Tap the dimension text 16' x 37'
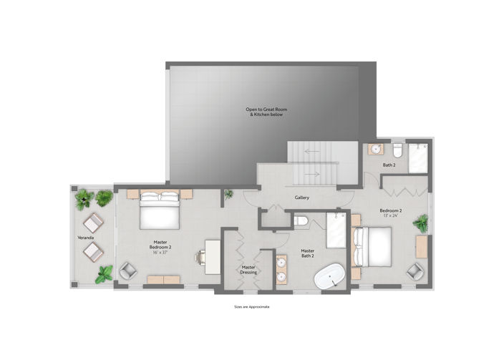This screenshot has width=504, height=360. (x=160, y=251)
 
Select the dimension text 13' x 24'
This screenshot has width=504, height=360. (x=390, y=216)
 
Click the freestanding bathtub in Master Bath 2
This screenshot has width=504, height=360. (x=331, y=275)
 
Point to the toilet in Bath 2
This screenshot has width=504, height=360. (x=398, y=150)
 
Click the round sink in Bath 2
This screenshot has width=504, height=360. (x=375, y=150)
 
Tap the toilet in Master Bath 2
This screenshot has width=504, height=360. (x=301, y=221)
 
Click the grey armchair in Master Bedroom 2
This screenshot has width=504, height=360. (x=127, y=271)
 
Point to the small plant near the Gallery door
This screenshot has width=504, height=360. (x=228, y=194)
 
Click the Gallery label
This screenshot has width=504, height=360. (x=301, y=198)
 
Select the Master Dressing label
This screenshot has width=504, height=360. (x=248, y=270)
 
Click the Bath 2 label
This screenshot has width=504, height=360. (x=389, y=165)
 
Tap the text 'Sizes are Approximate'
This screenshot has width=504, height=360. (x=252, y=306)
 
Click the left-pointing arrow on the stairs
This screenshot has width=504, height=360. (x=309, y=152)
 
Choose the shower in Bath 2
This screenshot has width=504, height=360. (x=419, y=157)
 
